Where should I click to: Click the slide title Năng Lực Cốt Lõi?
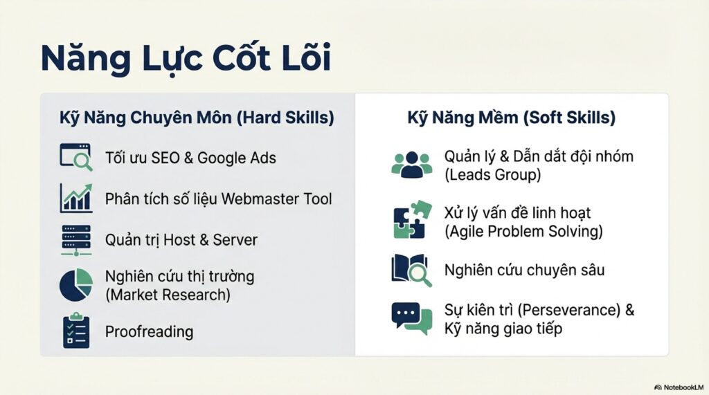pos(186,58)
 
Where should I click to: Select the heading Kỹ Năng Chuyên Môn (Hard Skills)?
pos(197,118)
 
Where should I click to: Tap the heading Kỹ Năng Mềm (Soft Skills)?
pos(512,118)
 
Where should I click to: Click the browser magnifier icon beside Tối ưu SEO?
pos(76,157)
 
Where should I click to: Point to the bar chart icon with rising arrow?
pos(76,198)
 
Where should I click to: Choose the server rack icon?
pos(76,240)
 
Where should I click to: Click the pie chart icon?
pos(76,285)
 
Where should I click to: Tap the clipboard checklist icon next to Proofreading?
pos(76,331)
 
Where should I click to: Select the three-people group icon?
pos(411,165)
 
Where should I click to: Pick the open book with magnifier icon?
pos(411,270)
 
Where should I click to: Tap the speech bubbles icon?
pos(411,319)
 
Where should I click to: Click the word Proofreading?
pos(150,332)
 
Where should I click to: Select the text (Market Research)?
pos(168,295)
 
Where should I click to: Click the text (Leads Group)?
pos(492,174)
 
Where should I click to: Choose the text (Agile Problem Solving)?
pos(523,231)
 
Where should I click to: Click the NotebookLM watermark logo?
pos(679,387)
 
